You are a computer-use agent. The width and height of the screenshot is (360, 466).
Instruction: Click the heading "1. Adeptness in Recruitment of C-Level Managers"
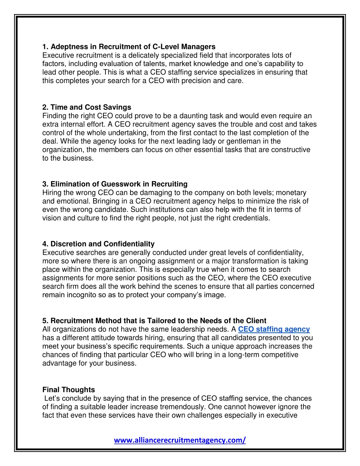(129, 47)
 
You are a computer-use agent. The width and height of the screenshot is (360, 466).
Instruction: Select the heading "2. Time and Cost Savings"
(86, 107)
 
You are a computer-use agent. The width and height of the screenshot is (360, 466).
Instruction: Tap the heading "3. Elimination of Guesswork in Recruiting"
(115, 184)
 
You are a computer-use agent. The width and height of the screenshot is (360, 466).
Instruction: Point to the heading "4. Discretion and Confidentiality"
(98, 244)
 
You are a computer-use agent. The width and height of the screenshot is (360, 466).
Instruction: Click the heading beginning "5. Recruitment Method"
(154, 321)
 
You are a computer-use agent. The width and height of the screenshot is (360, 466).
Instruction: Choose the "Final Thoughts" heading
(69, 390)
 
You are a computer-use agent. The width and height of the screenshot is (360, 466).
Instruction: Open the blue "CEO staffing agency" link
(274, 329)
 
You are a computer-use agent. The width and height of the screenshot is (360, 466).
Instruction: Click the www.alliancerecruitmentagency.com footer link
(180, 440)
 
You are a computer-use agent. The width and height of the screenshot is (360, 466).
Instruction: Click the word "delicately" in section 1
(144, 55)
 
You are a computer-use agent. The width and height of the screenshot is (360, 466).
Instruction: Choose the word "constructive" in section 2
(290, 149)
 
